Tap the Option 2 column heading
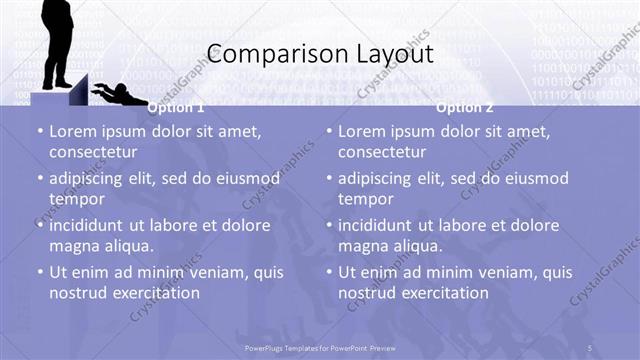(x=465, y=107)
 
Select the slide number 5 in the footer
(x=591, y=347)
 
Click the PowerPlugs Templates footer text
(x=320, y=347)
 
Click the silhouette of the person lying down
(x=119, y=94)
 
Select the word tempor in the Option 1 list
(x=74, y=199)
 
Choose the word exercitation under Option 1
(x=155, y=293)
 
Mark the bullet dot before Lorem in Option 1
(x=39, y=132)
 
